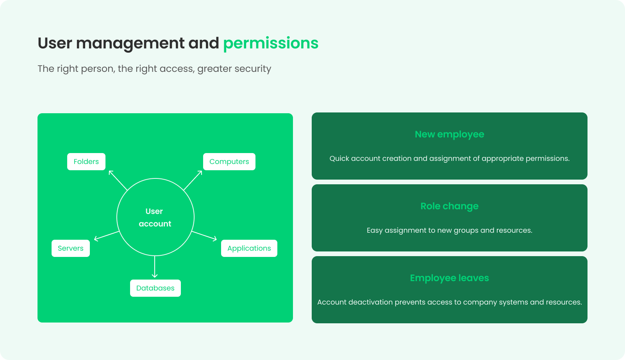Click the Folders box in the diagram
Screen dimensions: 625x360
[86, 162]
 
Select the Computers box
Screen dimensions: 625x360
[229, 162]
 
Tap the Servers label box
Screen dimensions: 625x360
[71, 248]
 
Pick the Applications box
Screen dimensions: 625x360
[249, 248]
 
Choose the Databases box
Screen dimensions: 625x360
[155, 288]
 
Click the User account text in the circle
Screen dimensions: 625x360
[155, 217]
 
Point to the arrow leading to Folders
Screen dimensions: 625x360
[118, 180]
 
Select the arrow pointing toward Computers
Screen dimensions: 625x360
[193, 180]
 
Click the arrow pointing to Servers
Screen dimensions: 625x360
[107, 236]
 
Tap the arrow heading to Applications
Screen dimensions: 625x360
[204, 236]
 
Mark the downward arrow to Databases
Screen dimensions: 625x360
[155, 267]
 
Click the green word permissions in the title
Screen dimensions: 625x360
[271, 43]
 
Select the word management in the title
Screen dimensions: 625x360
[130, 43]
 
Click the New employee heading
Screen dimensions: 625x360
[450, 134]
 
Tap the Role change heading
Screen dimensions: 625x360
[450, 206]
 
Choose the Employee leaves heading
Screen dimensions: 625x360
[450, 278]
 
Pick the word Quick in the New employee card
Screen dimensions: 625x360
[339, 159]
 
